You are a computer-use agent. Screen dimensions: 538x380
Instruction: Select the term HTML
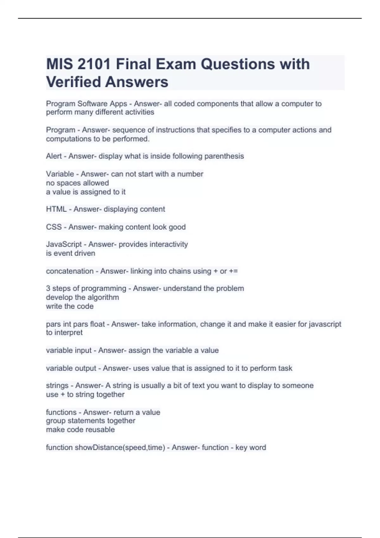point(56,209)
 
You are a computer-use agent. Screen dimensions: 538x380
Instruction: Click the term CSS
point(54,227)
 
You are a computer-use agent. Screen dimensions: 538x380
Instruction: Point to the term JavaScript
point(64,244)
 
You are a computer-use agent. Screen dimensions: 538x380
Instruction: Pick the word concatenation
point(70,271)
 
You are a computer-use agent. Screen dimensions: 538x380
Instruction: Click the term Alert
point(54,156)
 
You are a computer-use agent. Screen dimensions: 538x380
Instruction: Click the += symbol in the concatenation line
point(233,271)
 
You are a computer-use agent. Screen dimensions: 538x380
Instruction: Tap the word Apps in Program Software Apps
point(118,104)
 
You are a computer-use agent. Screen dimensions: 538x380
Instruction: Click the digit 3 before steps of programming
point(48,289)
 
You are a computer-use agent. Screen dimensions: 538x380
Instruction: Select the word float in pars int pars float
point(97,324)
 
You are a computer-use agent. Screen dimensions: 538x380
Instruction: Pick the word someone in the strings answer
point(298,386)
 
